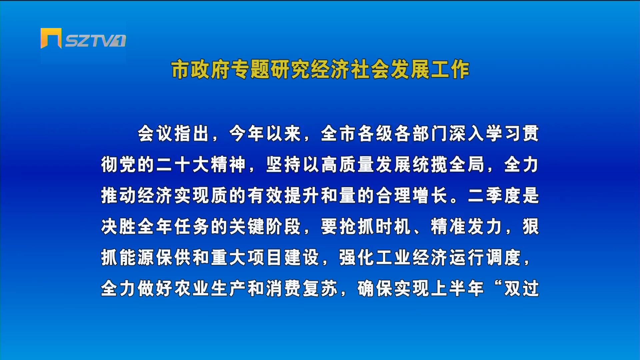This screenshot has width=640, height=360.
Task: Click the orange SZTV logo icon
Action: (x=51, y=38)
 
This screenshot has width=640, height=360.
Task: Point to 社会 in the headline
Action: (x=370, y=70)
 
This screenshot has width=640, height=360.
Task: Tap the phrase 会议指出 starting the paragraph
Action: (x=173, y=134)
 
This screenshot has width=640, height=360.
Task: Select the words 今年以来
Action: (x=265, y=134)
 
